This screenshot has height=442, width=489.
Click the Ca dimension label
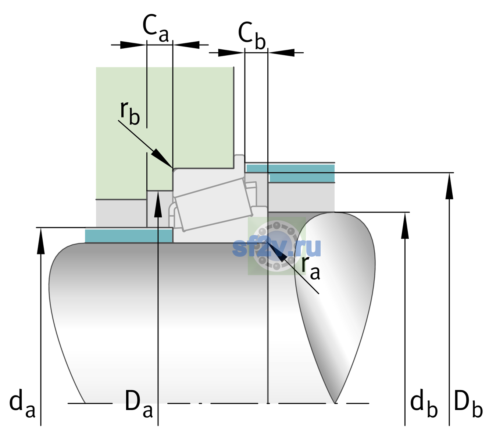156,28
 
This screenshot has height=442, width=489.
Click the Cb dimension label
251,35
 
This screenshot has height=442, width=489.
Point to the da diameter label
22,403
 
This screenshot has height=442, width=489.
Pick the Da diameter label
139,403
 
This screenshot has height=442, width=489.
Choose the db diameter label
424,403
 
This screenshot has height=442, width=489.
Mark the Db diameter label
468,403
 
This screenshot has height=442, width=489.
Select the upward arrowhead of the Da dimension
158,204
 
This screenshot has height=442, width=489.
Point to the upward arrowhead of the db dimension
405,225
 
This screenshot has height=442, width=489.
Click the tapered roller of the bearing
214,205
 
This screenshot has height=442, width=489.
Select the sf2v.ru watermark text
276,248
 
